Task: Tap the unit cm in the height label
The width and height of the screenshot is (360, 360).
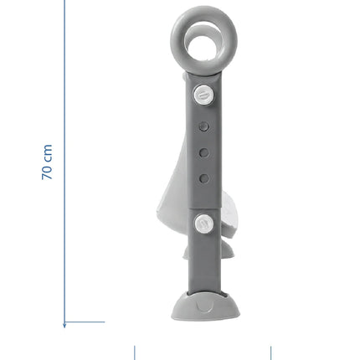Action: [x=48, y=153]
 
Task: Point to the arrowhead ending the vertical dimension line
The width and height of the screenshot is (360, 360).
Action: [x=64, y=325]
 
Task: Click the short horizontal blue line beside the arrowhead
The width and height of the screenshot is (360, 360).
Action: [x=85, y=321]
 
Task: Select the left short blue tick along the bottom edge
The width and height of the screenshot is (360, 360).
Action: [x=135, y=352]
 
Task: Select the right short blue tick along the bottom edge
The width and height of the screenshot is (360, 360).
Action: [x=270, y=352]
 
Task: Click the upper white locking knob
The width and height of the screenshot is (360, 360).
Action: [x=204, y=95]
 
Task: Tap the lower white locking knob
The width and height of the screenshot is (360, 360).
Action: [x=204, y=224]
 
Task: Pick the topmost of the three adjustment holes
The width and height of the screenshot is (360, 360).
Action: [x=204, y=127]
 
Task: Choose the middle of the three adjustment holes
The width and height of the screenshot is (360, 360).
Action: [x=204, y=152]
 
